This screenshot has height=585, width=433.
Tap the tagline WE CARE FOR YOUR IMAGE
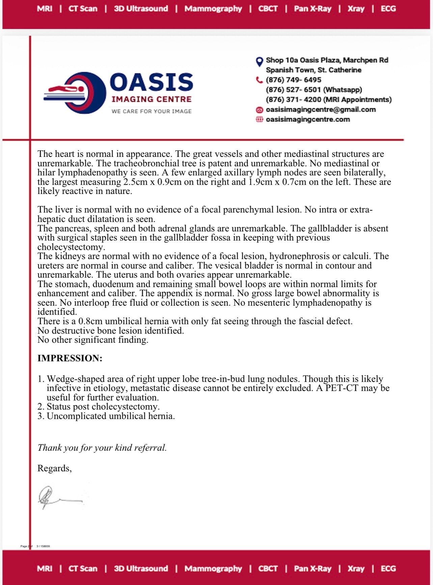click(152, 111)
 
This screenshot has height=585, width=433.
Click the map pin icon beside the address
click(259, 62)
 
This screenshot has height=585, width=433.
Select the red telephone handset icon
click(259, 80)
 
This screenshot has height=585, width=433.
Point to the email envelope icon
click(259, 110)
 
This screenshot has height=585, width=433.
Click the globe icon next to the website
click(259, 119)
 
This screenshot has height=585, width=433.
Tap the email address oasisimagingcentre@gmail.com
click(321, 110)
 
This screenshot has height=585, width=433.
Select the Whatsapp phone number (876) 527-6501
click(293, 90)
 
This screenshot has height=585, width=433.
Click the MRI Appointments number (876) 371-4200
click(293, 100)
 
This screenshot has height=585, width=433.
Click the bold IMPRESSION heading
click(70, 358)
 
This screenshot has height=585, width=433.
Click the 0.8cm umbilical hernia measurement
click(90, 321)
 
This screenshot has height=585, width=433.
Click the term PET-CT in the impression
click(342, 388)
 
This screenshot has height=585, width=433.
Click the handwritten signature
click(57, 498)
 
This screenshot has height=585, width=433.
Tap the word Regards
click(54, 468)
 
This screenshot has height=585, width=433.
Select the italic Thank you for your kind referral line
click(102, 448)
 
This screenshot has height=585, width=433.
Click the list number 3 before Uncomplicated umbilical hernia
click(40, 416)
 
